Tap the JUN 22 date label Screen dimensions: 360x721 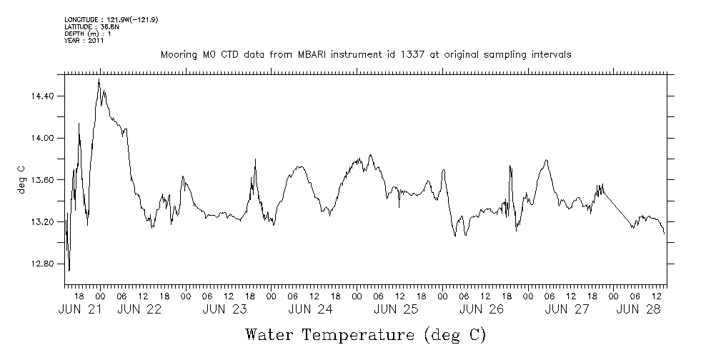click(139, 310)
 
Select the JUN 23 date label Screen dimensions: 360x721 click(225, 310)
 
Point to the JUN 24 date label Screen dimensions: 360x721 click(311, 310)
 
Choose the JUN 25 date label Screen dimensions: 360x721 click(397, 310)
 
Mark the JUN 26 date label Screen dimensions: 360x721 click(482, 310)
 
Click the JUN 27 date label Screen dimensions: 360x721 click(568, 310)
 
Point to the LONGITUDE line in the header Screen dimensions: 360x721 click(111, 20)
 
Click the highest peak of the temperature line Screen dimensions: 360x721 click(99, 79)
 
